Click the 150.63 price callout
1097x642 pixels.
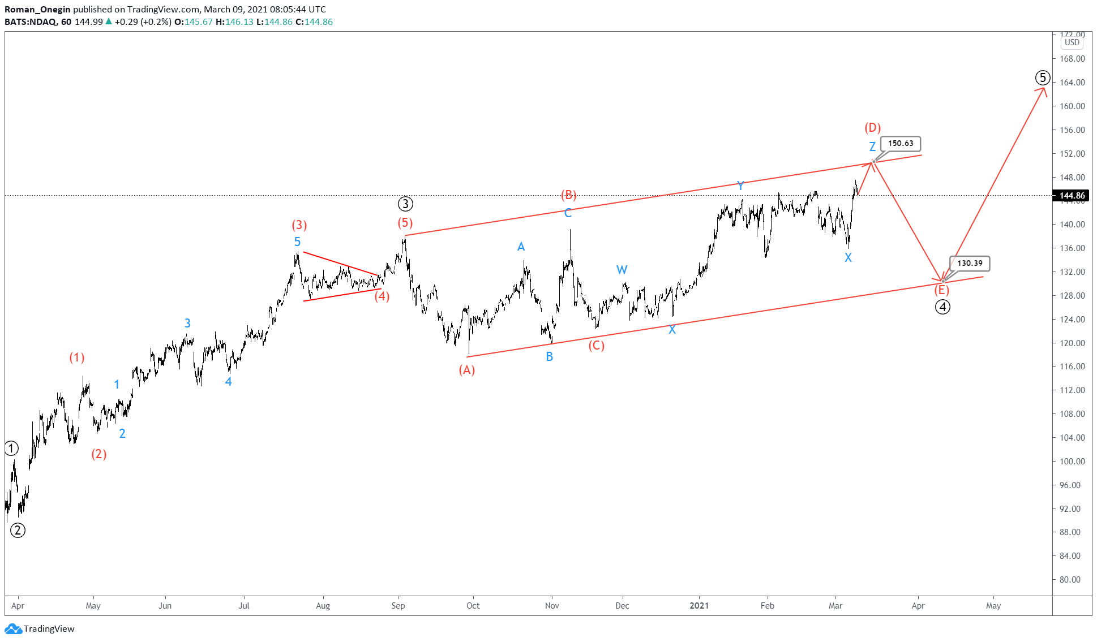[900, 144]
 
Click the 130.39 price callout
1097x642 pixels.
[970, 264]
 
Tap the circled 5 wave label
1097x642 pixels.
[1043, 77]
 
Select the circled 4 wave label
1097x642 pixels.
[942, 307]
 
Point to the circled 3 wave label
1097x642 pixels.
[405, 204]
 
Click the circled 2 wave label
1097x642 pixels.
[18, 531]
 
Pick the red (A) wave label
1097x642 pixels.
[466, 370]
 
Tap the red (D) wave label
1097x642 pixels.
[872, 127]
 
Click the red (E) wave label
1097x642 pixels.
[941, 290]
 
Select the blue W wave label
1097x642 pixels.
[622, 270]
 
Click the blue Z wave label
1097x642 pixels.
[872, 147]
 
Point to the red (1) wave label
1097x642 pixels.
[77, 357]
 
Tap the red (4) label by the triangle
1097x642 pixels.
[382, 296]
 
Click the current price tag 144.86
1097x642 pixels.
[1072, 196]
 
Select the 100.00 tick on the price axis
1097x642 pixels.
[1072, 462]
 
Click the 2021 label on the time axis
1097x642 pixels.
[699, 606]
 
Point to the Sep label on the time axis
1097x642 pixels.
[398, 606]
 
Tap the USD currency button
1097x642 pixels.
[1072, 42]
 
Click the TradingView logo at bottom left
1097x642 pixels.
[40, 629]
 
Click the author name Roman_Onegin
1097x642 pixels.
[37, 9]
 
